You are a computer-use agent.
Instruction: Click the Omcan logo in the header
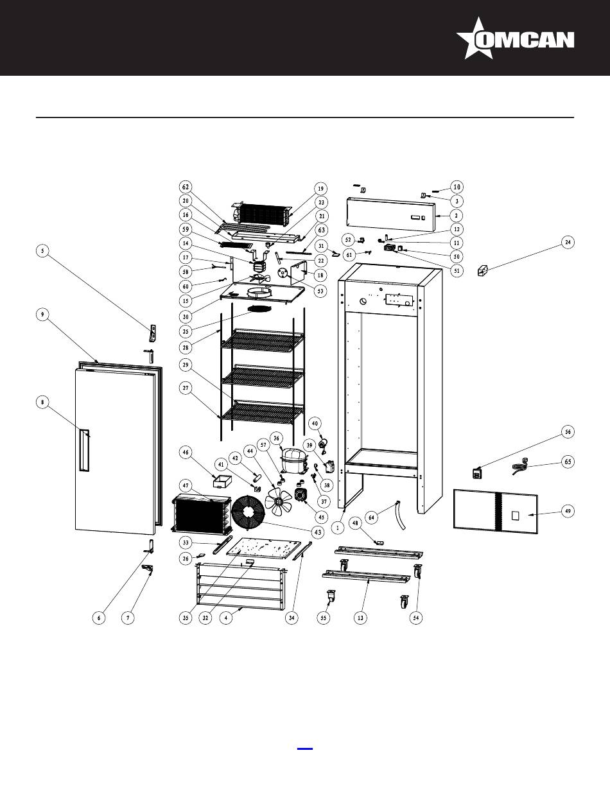(x=515, y=39)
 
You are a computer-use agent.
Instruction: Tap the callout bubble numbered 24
(x=568, y=242)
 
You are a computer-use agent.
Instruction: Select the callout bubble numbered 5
(x=42, y=251)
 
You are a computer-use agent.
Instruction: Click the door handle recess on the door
(x=85, y=450)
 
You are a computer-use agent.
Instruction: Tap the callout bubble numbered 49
(x=568, y=511)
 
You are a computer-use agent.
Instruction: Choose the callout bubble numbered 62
(x=186, y=187)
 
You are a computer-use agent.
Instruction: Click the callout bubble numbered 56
(x=568, y=431)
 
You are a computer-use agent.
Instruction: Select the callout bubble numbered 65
(x=568, y=462)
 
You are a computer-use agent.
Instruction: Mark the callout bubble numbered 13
(x=360, y=618)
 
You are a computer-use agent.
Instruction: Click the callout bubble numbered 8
(x=42, y=403)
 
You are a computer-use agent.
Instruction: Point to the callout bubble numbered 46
(x=186, y=453)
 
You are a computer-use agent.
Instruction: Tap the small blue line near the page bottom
(x=305, y=749)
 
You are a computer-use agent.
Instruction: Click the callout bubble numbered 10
(x=457, y=187)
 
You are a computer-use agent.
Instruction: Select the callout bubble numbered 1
(x=338, y=528)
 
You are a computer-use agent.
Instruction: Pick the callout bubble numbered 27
(x=186, y=388)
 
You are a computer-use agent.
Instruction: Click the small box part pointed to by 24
(x=483, y=270)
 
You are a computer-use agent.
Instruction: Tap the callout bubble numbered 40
(x=315, y=423)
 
